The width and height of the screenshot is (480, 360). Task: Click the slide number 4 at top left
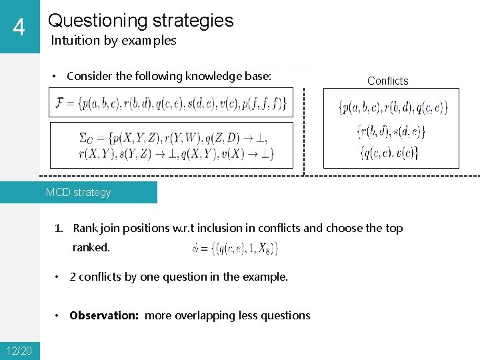tap(19, 27)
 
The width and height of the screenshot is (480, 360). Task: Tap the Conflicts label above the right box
tap(387, 81)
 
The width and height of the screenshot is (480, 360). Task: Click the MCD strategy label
tap(78, 193)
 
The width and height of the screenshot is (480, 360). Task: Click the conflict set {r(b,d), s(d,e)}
tap(391, 131)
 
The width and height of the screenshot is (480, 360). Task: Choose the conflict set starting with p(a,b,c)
tap(393, 107)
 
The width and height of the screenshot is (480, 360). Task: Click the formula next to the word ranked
tap(235, 249)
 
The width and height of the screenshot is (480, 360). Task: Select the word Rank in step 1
tap(85, 228)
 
